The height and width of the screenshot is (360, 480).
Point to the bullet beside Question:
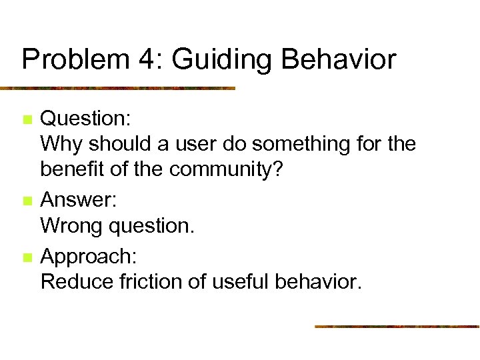click(26, 121)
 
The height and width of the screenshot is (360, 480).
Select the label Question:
click(85, 119)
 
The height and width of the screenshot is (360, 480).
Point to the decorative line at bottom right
click(397, 327)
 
